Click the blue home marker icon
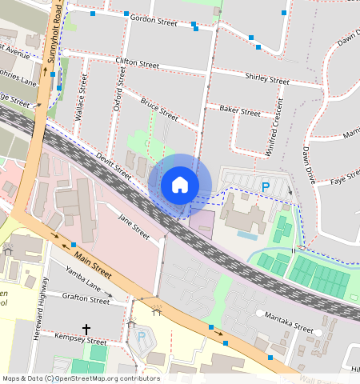click(x=180, y=185)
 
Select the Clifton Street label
click(x=138, y=62)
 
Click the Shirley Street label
click(x=267, y=79)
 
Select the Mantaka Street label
click(x=289, y=328)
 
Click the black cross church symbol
click(x=86, y=329)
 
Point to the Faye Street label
click(x=346, y=178)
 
